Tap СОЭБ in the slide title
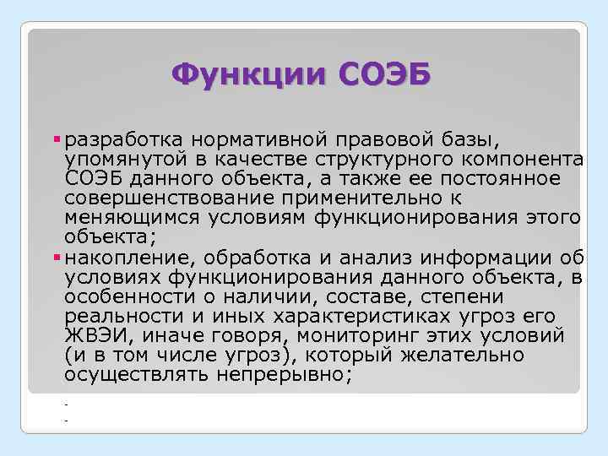tap(385, 75)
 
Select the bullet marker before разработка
tap(58, 138)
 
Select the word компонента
tap(520, 158)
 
